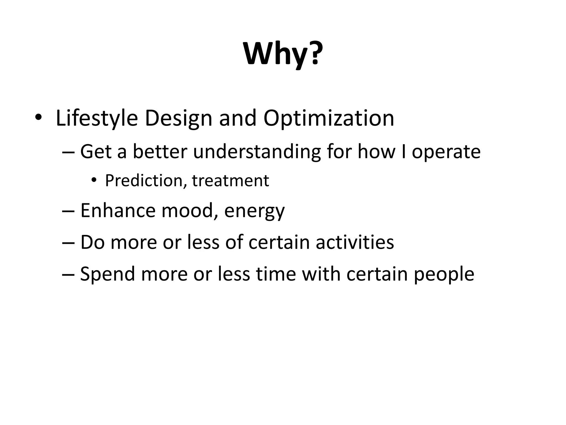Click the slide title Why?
pos(283,54)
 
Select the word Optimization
pos(329,118)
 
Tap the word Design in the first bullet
pos(179,118)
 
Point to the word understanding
pos(257,152)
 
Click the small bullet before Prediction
pos(94,181)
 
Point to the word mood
pos(191,211)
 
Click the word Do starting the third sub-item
pos(92,242)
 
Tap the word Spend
pos(108,274)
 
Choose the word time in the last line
pos(276,274)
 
